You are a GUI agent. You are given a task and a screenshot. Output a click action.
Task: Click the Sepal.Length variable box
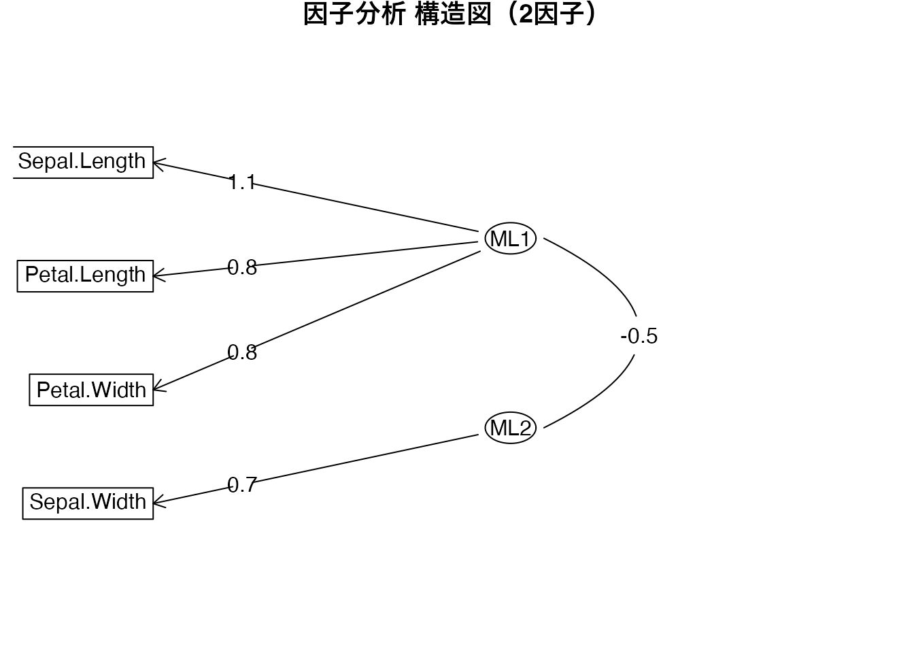83,162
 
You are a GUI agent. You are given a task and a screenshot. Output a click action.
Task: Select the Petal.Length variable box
85,275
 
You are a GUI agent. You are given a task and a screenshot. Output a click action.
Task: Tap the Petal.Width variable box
91,390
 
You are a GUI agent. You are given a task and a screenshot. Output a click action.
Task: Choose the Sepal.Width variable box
88,503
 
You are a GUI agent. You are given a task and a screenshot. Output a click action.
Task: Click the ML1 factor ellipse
510,239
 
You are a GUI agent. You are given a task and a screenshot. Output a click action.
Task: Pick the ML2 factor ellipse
510,428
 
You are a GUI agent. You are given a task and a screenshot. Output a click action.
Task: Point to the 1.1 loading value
241,182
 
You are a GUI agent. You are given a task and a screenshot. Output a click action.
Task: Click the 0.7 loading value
241,485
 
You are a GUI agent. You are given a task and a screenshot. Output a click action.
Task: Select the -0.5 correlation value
639,336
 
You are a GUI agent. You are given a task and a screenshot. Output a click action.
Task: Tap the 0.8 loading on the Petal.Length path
241,267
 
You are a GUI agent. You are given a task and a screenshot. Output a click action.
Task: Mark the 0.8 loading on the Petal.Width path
241,352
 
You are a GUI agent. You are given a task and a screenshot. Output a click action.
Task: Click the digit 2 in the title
524,15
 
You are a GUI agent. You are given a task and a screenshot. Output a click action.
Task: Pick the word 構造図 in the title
452,15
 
